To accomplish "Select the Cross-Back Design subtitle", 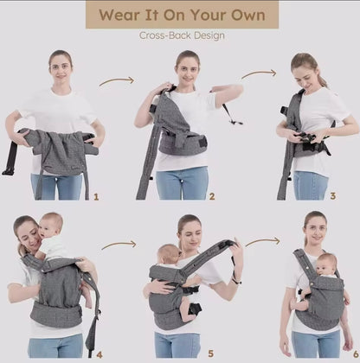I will coord(182,35).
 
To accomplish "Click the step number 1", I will coord(96,197).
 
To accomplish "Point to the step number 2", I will coord(212,196).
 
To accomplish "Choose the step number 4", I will coord(100,353).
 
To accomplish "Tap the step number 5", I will coord(210,353).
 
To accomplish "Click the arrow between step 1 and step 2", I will coord(116,81).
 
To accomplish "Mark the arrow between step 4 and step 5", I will coord(119,245).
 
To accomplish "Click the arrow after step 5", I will coord(262,242).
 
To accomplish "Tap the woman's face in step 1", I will coord(60,67).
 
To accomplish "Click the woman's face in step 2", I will coord(187,66).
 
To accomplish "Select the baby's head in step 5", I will coord(169,254).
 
